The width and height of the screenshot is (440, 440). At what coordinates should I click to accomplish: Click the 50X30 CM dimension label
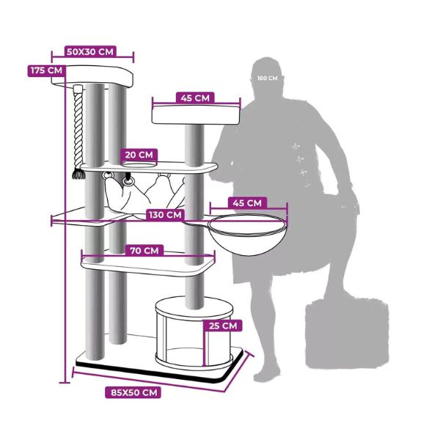click(91, 52)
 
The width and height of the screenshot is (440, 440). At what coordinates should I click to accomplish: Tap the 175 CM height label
click(45, 70)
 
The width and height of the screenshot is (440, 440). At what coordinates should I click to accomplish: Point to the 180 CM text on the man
click(268, 77)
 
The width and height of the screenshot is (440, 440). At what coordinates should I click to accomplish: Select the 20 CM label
click(139, 155)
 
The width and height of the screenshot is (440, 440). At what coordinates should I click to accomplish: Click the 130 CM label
click(166, 215)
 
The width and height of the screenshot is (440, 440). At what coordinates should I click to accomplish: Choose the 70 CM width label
click(144, 251)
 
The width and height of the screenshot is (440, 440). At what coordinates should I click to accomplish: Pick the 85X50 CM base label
click(135, 392)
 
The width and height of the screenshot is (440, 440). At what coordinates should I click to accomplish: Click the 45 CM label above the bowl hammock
click(247, 203)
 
